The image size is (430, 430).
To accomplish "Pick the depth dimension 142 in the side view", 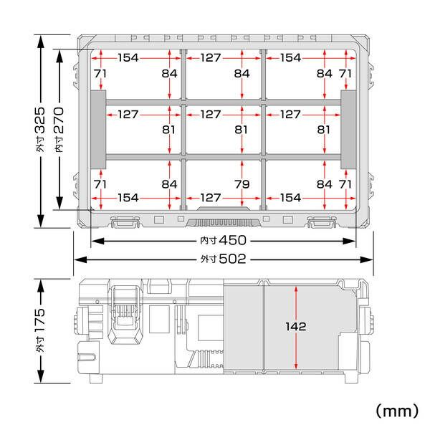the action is [295, 326].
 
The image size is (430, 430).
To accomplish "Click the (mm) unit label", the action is [397, 411].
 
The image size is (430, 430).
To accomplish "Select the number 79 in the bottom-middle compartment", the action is [242, 184].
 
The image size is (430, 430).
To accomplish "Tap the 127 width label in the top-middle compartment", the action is [210, 57].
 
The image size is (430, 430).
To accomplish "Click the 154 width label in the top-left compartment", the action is [128, 57].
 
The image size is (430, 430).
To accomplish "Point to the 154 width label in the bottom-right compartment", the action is [290, 198].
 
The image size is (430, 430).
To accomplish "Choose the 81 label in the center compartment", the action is [241, 130].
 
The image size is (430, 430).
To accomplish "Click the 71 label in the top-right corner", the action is [345, 73].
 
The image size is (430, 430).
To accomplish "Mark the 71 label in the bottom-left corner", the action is [100, 184].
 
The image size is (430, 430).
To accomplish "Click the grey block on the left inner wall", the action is [98, 130].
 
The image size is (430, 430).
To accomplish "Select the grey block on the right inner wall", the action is [348, 130].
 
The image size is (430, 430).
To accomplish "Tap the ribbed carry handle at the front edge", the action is [223, 222].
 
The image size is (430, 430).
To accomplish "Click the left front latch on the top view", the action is [125, 221].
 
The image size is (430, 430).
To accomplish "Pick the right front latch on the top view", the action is [322, 221].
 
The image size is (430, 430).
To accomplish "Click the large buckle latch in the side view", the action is [125, 315].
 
